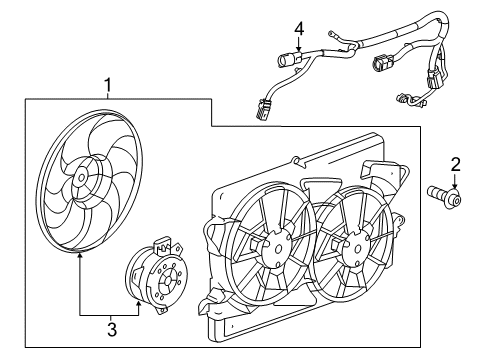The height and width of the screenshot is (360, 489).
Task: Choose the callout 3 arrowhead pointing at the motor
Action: (x=142, y=300)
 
